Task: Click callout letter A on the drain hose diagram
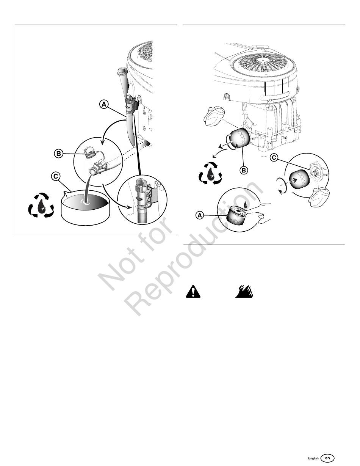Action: point(104,104)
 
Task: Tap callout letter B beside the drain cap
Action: point(58,154)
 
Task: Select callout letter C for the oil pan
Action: point(55,176)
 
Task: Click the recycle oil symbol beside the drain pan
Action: point(41,205)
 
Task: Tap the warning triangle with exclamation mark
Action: point(193,291)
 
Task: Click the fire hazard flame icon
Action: point(244,291)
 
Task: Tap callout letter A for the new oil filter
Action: point(199,215)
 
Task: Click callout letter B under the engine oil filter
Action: point(244,170)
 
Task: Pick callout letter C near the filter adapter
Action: point(274,158)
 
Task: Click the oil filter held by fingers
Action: point(236,216)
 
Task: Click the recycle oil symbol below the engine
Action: point(210,174)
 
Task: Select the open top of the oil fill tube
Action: point(121,71)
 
